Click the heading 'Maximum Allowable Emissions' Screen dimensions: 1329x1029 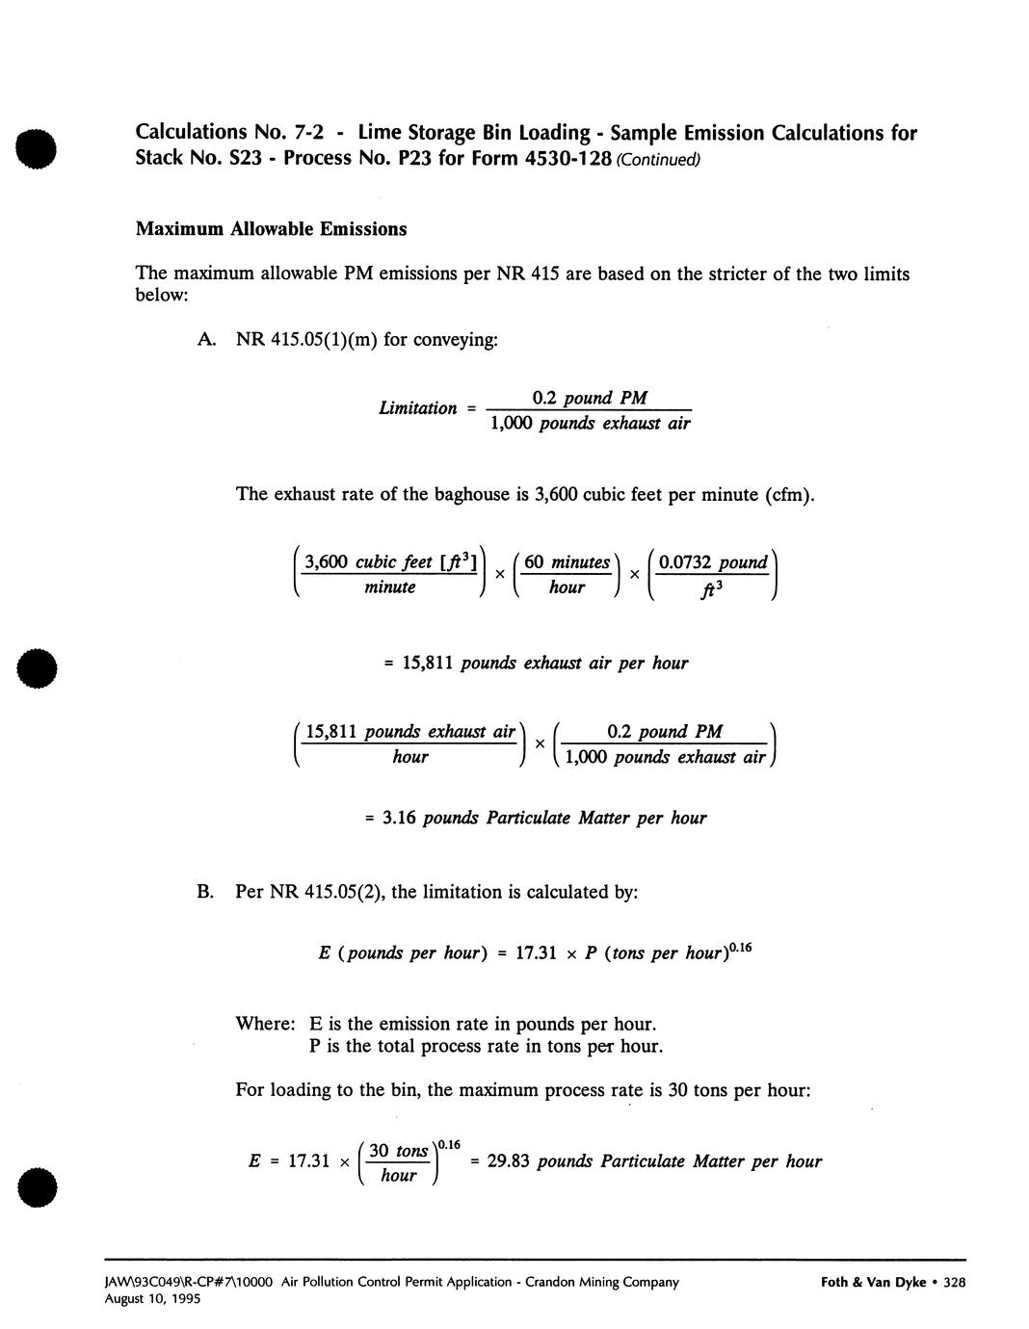pos(271,229)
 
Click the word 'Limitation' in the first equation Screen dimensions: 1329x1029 pos(418,408)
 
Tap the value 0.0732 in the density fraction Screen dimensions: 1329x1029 pos(687,562)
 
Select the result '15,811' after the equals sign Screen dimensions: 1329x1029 pos(429,664)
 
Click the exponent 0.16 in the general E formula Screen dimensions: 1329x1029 pos(740,949)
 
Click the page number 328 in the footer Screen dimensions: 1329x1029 pos(955,1282)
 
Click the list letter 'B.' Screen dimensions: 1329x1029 pos(205,892)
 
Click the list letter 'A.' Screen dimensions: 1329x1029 pos(205,339)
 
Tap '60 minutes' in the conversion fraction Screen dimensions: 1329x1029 pos(567,562)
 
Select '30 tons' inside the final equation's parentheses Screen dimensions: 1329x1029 pos(398,1151)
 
